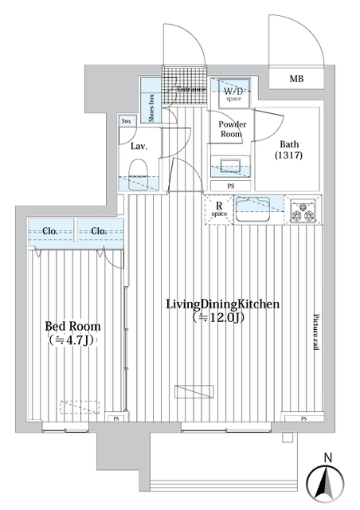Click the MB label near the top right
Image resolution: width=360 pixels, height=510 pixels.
296,78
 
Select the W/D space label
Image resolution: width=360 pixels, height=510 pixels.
235,92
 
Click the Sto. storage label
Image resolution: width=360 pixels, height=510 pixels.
127,121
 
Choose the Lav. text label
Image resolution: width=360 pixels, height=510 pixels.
137,147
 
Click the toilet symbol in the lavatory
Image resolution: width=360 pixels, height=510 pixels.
139,171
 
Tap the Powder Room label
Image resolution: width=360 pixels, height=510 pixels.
233,130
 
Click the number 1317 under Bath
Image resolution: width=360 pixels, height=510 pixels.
288,156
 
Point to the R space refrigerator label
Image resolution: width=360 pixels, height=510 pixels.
218,210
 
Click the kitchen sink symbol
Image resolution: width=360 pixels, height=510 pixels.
256,209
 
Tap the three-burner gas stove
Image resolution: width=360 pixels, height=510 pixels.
304,211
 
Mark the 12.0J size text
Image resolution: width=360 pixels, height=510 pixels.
221,319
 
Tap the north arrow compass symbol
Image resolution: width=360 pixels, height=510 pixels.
328,481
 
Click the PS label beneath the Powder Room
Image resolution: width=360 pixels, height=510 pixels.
231,186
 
